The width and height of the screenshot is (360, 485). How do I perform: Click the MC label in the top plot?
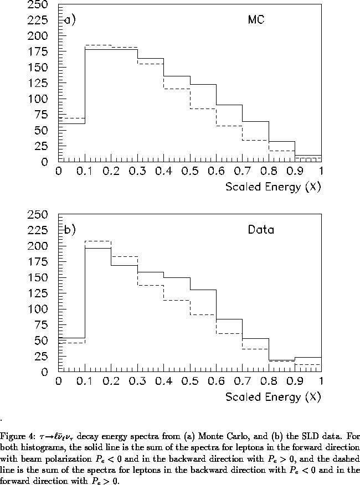pos(256,20)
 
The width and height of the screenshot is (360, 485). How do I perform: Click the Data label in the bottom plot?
pos(261,229)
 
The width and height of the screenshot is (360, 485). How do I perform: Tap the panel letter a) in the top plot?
pos(70,21)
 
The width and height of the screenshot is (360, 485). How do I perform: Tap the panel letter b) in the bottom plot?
pos(70,230)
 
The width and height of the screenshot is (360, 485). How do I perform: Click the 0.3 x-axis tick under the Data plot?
pos(137,381)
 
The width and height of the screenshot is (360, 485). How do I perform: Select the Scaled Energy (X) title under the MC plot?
pos(273,187)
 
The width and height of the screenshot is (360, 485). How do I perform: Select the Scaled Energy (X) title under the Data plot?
pos(273,397)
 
